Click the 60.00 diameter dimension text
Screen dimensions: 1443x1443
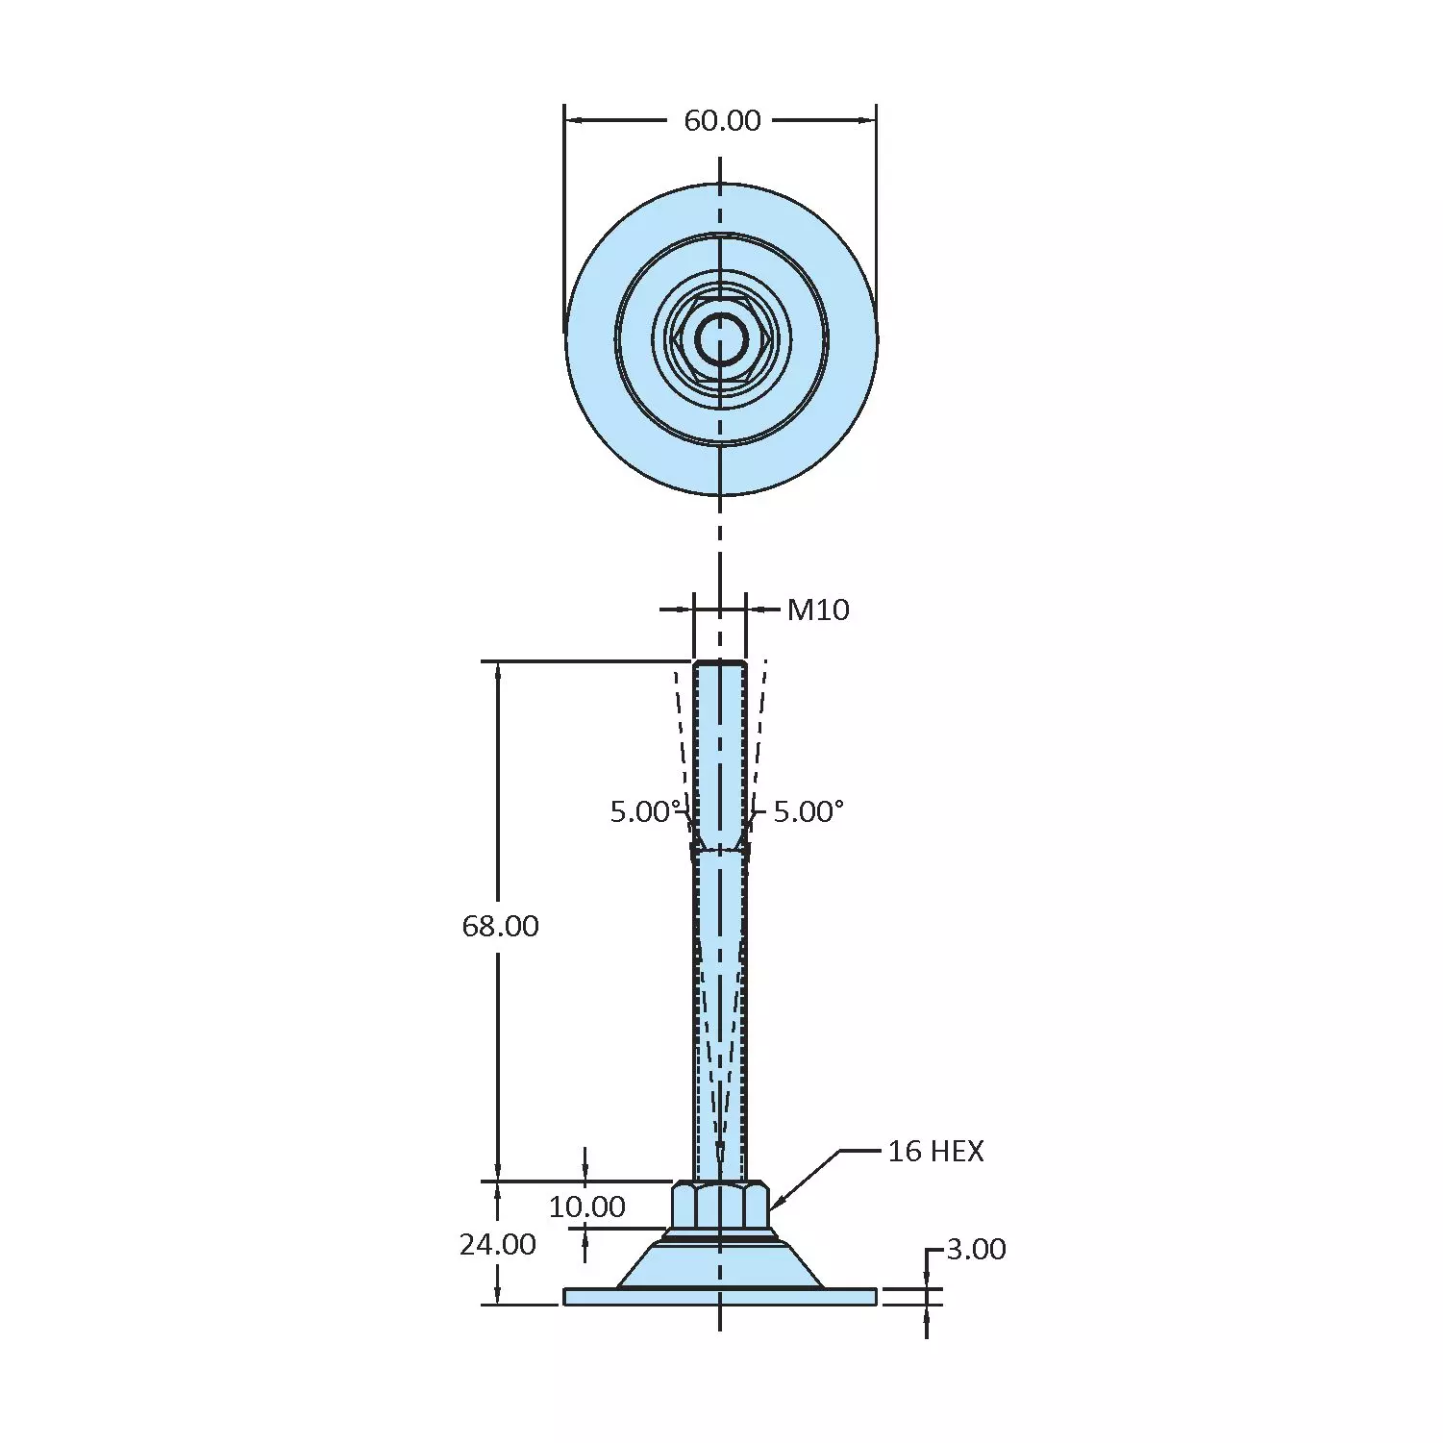click(x=721, y=120)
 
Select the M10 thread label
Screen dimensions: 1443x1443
click(x=817, y=610)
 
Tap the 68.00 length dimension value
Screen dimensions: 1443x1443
click(x=500, y=926)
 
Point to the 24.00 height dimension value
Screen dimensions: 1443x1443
click(x=497, y=1244)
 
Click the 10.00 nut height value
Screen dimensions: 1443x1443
click(x=586, y=1207)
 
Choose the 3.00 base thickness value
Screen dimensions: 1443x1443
click(x=976, y=1249)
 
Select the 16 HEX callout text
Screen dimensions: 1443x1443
click(x=934, y=1151)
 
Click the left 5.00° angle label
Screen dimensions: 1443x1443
click(x=645, y=811)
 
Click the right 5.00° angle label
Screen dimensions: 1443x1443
click(x=808, y=811)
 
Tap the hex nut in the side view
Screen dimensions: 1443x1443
click(x=720, y=1206)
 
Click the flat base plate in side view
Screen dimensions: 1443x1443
click(x=720, y=1297)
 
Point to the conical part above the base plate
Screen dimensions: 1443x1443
click(x=720, y=1267)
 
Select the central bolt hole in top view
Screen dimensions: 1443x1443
click(x=720, y=339)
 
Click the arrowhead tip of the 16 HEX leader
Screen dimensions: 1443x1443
click(x=772, y=1208)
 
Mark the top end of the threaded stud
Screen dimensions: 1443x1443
click(x=720, y=664)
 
